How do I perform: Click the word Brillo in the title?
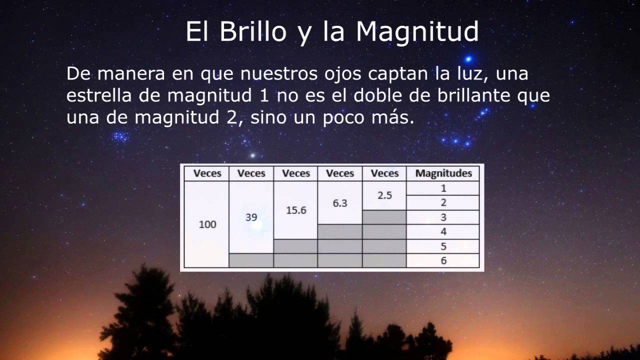(x=253, y=32)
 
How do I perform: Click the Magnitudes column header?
(x=443, y=173)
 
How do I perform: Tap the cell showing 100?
(x=207, y=224)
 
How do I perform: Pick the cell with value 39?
(x=251, y=217)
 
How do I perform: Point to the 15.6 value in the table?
(x=296, y=210)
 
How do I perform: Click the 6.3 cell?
(x=340, y=203)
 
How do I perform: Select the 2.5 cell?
(x=384, y=195)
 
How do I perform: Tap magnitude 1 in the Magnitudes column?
(x=443, y=188)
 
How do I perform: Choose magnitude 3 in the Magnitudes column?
(x=443, y=217)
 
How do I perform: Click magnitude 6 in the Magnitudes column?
(x=443, y=260)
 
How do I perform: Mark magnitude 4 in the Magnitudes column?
(x=443, y=232)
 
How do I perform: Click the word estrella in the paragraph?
(x=98, y=95)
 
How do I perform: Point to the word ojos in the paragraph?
(x=340, y=74)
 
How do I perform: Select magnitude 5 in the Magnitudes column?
(x=443, y=246)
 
